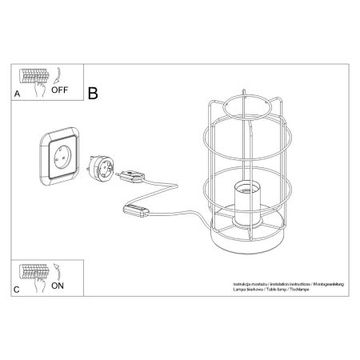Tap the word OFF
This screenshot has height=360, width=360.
[59, 90]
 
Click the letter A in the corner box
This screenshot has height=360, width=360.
[18, 94]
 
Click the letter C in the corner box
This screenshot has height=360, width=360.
[18, 290]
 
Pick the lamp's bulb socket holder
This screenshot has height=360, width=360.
[247, 202]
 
